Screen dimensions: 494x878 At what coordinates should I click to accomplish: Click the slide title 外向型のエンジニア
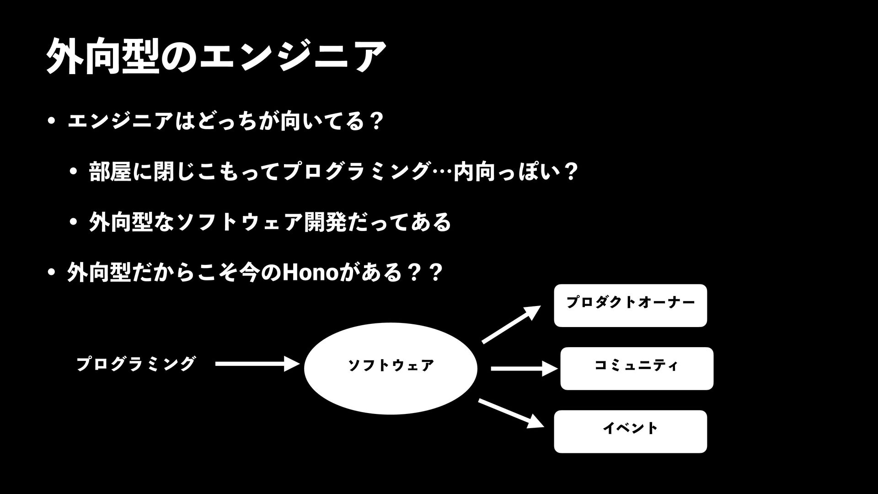(216, 56)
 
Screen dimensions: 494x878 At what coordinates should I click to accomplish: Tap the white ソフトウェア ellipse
(391, 368)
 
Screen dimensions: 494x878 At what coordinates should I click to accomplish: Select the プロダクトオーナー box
(630, 305)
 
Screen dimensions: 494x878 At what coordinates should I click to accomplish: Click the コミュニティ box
(637, 368)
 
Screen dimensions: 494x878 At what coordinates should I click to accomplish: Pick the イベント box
(630, 431)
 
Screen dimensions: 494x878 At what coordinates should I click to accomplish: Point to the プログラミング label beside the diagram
(136, 364)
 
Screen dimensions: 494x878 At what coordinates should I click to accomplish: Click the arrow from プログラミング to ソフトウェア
(257, 364)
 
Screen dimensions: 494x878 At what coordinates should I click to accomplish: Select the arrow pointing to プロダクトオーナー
(511, 325)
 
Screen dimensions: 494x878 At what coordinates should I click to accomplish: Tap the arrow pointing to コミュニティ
(524, 368)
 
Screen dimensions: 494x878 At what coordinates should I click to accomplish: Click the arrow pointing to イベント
(511, 413)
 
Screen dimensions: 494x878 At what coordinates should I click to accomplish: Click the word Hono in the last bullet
(311, 273)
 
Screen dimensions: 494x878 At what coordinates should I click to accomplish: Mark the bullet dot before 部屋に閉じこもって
(73, 172)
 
